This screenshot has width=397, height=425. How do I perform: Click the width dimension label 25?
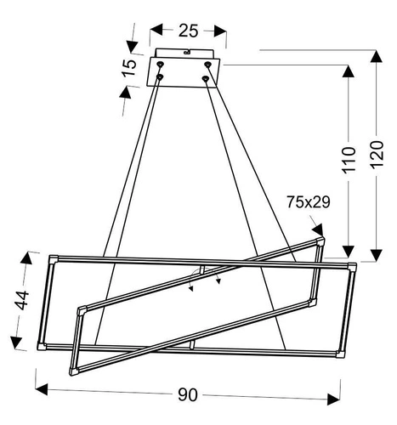[188, 31]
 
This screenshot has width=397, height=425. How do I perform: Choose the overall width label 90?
[188, 394]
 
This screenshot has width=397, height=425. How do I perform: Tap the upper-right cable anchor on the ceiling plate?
[208, 64]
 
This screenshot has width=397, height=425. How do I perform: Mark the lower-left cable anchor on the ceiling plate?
[159, 79]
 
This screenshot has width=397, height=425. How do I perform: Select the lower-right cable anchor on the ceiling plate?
[206, 79]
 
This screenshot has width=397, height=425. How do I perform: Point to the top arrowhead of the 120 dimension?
[377, 56]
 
